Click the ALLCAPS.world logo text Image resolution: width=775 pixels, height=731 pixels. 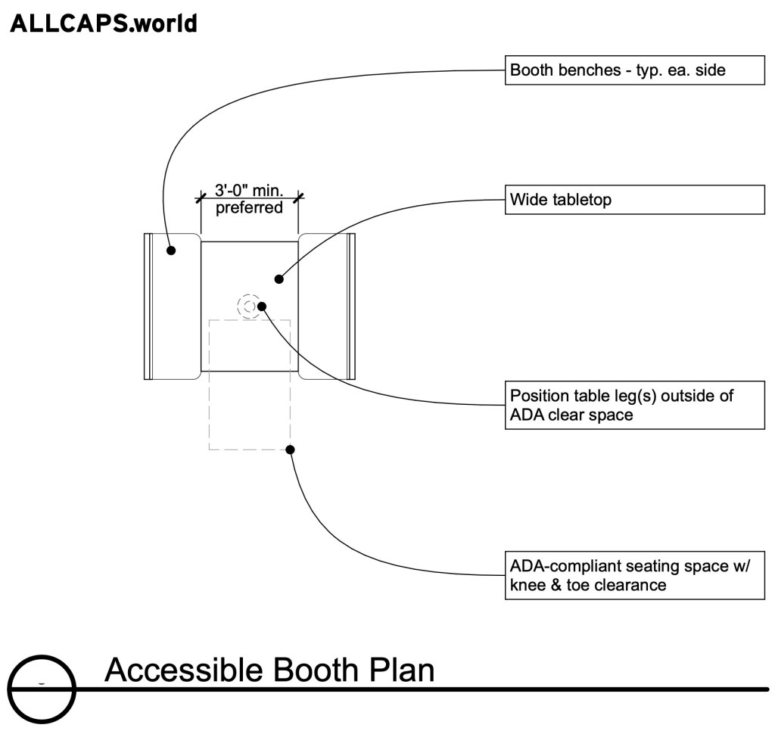[x=103, y=23]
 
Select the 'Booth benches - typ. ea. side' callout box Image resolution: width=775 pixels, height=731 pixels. [x=634, y=71]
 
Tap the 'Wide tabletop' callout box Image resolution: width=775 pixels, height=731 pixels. [x=634, y=201]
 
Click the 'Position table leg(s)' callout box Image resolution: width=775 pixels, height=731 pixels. [x=634, y=406]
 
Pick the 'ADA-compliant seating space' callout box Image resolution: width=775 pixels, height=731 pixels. [x=634, y=576]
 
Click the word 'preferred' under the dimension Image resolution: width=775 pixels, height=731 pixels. [x=249, y=207]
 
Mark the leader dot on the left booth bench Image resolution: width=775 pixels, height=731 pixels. [x=172, y=250]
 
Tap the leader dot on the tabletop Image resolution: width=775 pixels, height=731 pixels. [x=279, y=278]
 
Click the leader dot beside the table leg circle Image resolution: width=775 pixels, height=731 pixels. [x=262, y=306]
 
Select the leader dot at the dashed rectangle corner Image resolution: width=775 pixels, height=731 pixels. [x=290, y=449]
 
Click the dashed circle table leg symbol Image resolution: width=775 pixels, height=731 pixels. [x=247, y=306]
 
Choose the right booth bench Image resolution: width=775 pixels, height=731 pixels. [x=327, y=306]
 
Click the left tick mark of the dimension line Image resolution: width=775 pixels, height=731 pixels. [x=201, y=198]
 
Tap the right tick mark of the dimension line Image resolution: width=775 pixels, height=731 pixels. [x=298, y=198]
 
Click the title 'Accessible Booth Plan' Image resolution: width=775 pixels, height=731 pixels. [x=269, y=670]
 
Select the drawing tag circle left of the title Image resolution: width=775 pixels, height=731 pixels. [x=42, y=689]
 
